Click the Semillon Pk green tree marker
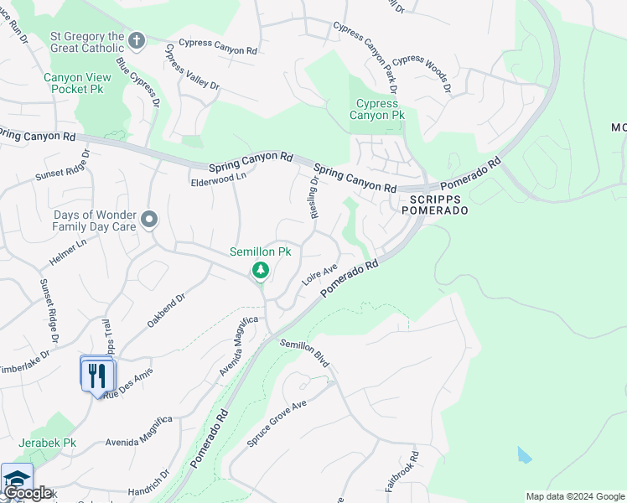261,270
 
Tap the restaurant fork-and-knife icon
97,373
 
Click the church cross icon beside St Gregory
137,39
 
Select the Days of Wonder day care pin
150,220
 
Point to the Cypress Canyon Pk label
376,109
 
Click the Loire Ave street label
319,275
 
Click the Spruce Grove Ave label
277,422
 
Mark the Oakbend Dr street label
165,310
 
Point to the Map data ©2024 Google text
574,496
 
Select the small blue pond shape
524,455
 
